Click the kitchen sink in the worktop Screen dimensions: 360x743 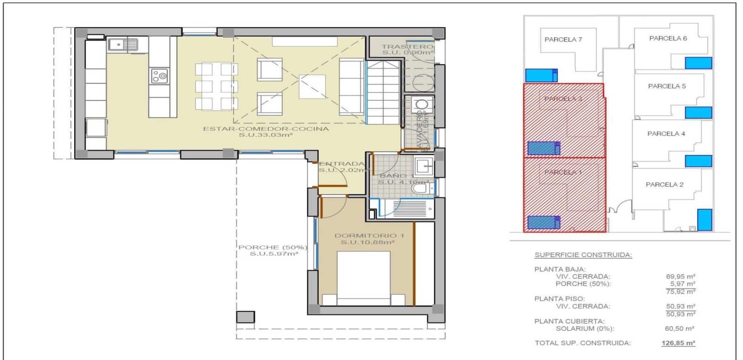(x=123, y=45)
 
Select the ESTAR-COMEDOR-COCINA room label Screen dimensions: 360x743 (x=266, y=129)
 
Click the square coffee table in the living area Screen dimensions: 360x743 (x=312, y=86)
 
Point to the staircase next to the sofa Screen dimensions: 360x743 (x=383, y=92)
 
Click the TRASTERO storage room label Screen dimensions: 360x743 (x=407, y=46)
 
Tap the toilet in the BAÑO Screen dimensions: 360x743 (x=421, y=187)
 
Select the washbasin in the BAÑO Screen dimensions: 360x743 (x=424, y=164)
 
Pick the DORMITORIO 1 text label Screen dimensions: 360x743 (x=369, y=236)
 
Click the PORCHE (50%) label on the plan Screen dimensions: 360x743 (x=273, y=247)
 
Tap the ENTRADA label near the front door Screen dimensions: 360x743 (x=341, y=164)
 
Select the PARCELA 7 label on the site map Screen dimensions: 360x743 (x=563, y=39)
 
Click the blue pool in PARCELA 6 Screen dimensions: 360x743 (x=698, y=63)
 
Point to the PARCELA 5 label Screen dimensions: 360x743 (x=666, y=86)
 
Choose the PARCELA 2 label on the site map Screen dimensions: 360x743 (x=665, y=184)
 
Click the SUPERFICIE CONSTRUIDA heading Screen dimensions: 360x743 (x=583, y=255)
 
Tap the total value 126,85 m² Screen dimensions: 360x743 (x=678, y=343)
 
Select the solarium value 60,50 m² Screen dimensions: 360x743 (x=679, y=328)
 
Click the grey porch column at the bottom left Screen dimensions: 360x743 (x=245, y=317)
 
